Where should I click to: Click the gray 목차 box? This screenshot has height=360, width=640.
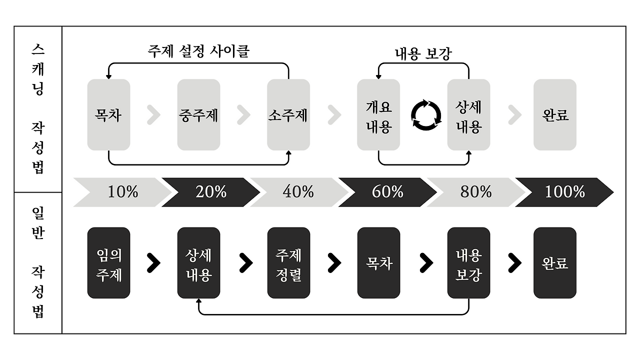click(108, 114)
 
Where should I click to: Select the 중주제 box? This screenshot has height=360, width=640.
click(198, 114)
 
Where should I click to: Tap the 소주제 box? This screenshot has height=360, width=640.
click(288, 114)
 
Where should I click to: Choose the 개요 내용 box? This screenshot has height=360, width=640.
click(378, 114)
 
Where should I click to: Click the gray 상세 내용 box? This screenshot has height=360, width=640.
click(468, 114)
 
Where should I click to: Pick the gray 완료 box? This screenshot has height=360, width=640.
click(555, 114)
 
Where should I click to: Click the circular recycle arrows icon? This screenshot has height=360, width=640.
click(426, 115)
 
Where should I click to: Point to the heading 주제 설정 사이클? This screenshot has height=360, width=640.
click(198, 51)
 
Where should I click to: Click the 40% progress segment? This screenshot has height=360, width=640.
click(298, 192)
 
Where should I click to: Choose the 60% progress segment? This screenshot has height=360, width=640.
click(387, 192)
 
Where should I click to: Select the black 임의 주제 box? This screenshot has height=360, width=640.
click(108, 263)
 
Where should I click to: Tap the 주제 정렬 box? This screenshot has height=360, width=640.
click(288, 263)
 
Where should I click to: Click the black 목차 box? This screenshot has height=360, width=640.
click(378, 263)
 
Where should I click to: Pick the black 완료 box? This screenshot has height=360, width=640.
click(555, 263)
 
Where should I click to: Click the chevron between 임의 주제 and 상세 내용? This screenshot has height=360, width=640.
click(154, 263)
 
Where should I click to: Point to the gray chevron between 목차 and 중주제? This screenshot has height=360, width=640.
click(154, 115)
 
